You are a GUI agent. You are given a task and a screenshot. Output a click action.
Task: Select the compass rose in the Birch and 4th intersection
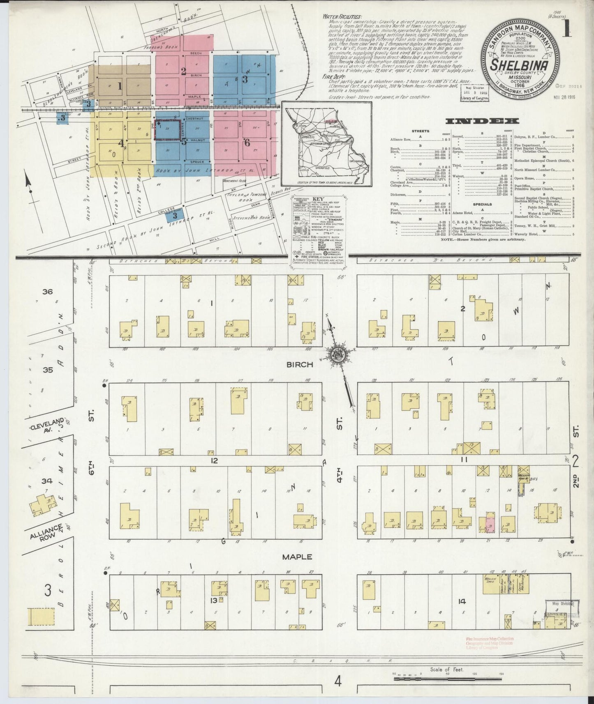coord(339,355)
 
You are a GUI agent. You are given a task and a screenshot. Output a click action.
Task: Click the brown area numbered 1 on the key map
coord(120,86)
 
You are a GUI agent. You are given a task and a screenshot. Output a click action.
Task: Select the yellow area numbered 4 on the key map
coord(121,143)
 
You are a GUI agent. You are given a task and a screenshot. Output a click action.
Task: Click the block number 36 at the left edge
coord(47,292)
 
